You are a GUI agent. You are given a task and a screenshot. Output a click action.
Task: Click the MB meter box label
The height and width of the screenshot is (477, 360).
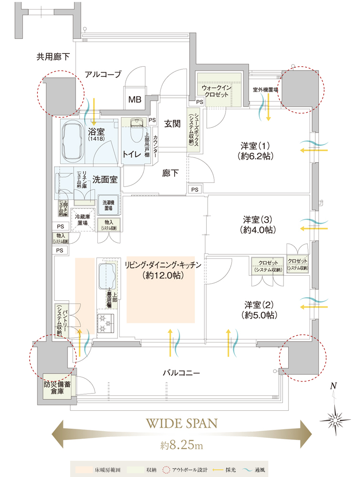point(134,100)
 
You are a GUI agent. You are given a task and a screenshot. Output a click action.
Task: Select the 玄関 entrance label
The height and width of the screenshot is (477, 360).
point(172,124)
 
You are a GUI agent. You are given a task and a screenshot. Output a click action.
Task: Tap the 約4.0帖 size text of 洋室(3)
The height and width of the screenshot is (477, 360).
point(257,230)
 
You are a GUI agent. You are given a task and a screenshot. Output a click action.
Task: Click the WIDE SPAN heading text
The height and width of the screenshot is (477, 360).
point(181,423)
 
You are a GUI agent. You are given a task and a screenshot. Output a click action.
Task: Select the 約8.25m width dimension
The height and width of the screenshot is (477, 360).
point(181,446)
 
